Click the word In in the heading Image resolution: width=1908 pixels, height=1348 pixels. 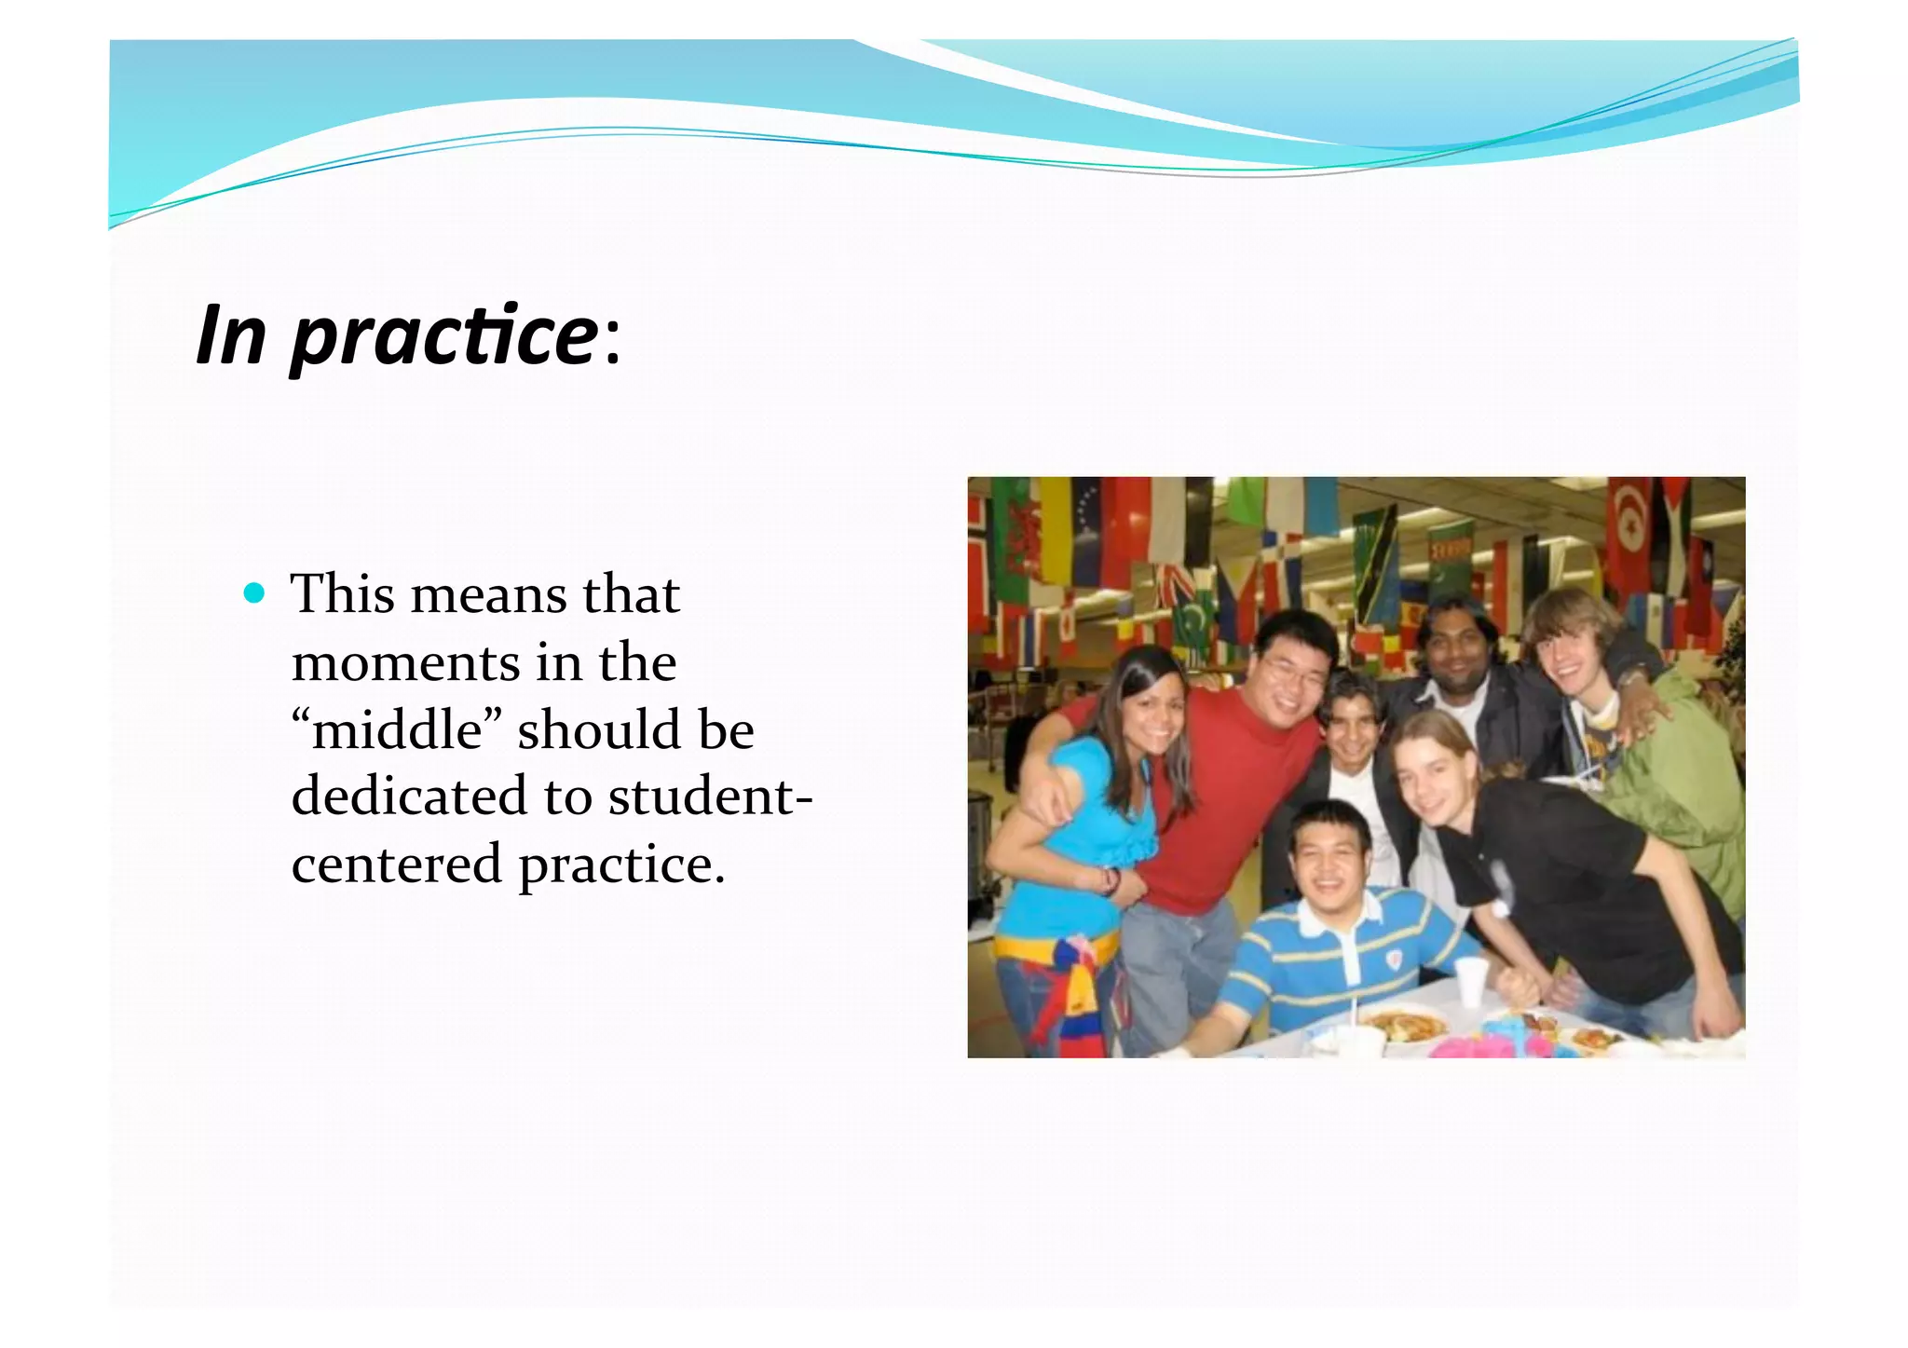231,335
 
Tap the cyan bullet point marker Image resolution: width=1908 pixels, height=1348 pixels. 253,593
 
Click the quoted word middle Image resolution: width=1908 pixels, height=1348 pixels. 398,729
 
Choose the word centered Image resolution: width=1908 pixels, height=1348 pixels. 397,864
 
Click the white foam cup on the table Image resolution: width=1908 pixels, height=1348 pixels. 1472,981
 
